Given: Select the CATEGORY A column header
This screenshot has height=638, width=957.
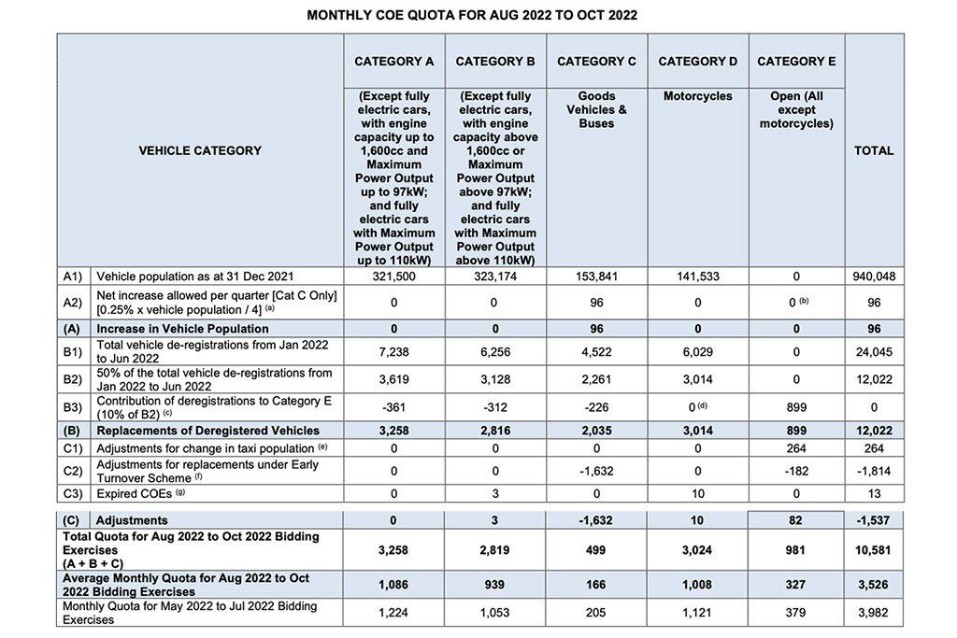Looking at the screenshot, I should [393, 62].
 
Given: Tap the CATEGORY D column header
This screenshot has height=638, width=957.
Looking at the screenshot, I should [697, 62].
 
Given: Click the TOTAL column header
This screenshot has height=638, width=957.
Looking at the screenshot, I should [873, 150].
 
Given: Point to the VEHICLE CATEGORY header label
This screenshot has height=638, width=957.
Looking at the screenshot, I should [200, 150].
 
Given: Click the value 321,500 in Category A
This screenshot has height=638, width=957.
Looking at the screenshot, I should [393, 277].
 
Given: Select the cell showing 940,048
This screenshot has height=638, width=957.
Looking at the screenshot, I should [873, 277].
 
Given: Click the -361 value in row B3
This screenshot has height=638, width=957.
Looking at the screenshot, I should [393, 407].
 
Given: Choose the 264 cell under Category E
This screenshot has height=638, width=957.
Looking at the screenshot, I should [796, 448].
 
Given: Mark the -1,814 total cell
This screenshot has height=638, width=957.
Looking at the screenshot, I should [873, 471].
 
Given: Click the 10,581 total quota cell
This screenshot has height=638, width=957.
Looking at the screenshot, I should [873, 551].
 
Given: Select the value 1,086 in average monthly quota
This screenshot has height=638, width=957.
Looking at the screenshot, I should [393, 585].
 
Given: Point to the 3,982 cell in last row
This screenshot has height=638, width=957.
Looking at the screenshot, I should [873, 613].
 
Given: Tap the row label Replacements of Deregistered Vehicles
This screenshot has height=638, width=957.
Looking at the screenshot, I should [207, 431].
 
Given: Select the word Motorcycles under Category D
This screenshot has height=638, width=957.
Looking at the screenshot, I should [697, 96].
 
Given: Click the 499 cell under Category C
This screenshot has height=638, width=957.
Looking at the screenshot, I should [596, 551].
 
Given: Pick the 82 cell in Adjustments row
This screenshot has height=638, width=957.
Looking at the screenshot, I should [796, 520].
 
